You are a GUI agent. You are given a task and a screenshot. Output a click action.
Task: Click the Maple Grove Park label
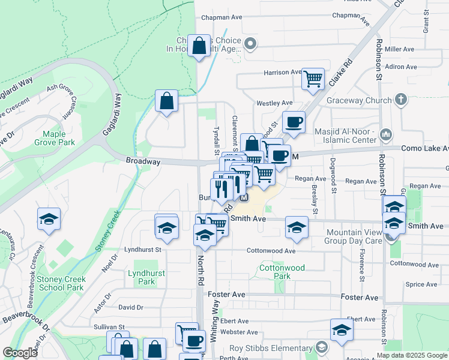[x=59, y=138]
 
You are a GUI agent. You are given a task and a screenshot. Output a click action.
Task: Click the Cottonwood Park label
[x=282, y=272]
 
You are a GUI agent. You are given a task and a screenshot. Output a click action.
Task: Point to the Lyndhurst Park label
[x=142, y=277]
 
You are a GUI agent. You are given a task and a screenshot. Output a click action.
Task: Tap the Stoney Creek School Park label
[x=60, y=283]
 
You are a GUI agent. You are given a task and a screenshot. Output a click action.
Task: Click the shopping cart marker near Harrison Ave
[x=313, y=79]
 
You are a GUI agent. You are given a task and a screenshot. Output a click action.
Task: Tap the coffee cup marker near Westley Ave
[x=294, y=122]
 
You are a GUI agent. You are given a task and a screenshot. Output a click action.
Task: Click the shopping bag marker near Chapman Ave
[x=199, y=46]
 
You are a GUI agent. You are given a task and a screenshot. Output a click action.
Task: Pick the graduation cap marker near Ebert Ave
[x=342, y=330]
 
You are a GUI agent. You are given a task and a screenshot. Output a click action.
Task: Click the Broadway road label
[x=143, y=161]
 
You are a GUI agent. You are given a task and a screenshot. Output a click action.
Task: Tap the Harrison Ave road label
[x=282, y=73]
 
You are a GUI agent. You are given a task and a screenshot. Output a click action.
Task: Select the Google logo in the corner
[x=20, y=353]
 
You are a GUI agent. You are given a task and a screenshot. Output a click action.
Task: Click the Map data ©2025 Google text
[x=411, y=355]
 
